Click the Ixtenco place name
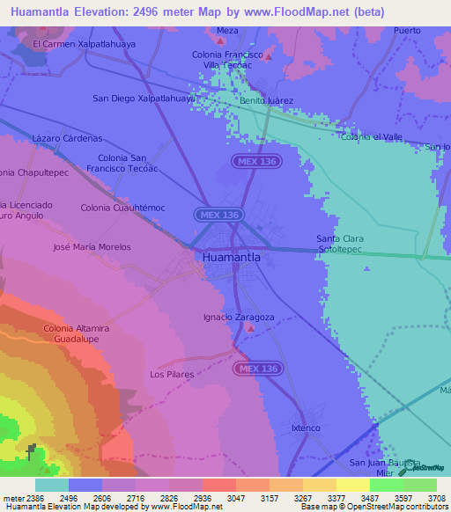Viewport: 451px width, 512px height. click(306, 428)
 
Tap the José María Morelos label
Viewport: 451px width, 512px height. click(92, 247)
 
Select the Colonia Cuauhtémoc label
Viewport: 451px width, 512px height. click(122, 208)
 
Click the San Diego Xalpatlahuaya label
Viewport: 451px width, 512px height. click(144, 99)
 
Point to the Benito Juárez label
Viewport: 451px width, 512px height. click(267, 101)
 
